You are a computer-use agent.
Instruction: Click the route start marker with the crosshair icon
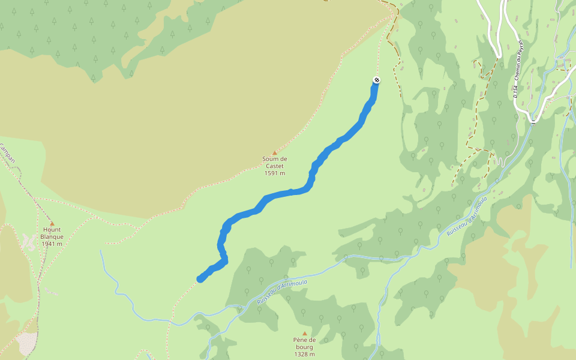click(x=376, y=80)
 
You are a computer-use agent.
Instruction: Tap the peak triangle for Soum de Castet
click(x=275, y=153)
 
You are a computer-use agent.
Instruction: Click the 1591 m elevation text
click(x=275, y=173)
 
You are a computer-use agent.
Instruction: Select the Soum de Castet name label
click(x=275, y=162)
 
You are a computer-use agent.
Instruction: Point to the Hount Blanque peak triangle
click(x=52, y=223)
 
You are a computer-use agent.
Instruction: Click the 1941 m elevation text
click(x=52, y=244)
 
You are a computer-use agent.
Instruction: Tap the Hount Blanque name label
click(x=52, y=233)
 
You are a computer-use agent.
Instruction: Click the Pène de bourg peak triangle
click(x=304, y=334)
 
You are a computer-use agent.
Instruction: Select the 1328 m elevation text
click(x=304, y=354)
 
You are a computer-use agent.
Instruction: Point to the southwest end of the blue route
click(x=200, y=278)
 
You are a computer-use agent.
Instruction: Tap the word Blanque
click(x=52, y=236)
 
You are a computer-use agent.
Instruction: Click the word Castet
click(x=275, y=166)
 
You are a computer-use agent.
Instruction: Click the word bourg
click(x=304, y=347)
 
